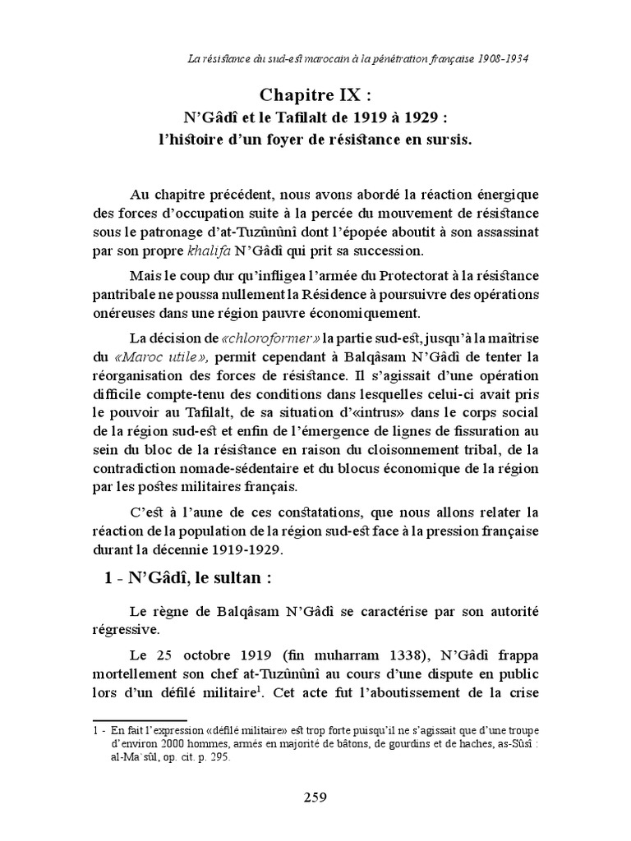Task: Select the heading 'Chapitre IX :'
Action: click(315, 95)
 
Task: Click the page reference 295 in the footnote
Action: click(219, 759)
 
